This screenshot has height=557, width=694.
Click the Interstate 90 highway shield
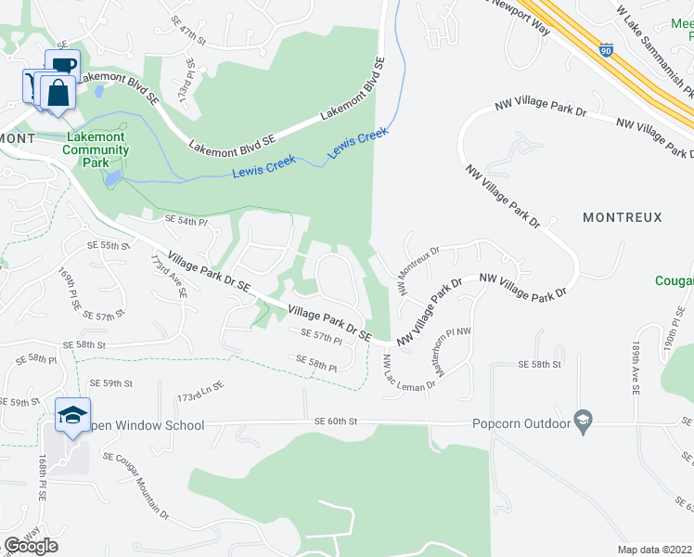(x=606, y=50)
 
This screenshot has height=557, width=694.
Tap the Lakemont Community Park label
(x=96, y=149)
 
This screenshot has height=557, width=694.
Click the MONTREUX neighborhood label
(x=622, y=217)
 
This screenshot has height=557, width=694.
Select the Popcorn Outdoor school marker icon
(x=583, y=421)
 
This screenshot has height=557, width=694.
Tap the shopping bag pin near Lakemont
(x=58, y=93)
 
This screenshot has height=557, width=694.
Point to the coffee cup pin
(x=62, y=65)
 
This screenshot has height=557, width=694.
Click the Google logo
(x=31, y=546)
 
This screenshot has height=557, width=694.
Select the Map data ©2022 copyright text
(x=654, y=550)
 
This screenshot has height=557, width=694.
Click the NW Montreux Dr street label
(x=418, y=269)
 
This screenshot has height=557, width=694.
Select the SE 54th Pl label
(x=186, y=220)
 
